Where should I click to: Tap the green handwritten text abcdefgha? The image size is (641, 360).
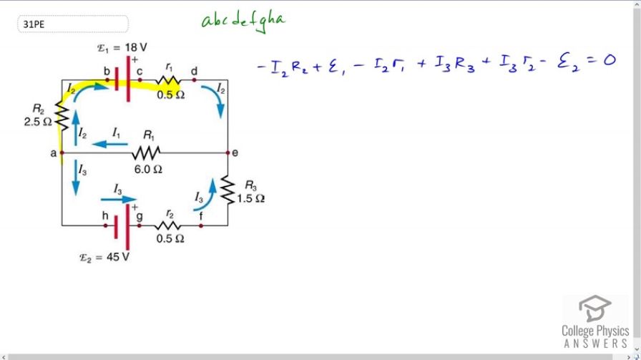point(243,21)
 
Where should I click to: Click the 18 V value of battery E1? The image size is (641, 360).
point(136,47)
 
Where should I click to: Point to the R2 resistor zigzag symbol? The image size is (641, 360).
point(62,113)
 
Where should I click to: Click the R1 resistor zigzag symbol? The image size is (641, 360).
point(145,152)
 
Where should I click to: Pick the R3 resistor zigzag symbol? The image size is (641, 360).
point(227,189)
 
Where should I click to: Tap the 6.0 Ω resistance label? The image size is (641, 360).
point(148,170)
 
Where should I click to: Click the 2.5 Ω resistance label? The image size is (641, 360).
point(38,122)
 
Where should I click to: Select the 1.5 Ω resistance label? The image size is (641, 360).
point(251,199)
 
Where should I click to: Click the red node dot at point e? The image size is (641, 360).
point(227,152)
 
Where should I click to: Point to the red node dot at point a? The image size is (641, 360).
point(62,152)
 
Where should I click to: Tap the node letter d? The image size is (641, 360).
point(194,70)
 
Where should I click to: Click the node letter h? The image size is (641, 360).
point(105,215)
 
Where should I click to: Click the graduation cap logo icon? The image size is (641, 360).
point(595,309)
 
